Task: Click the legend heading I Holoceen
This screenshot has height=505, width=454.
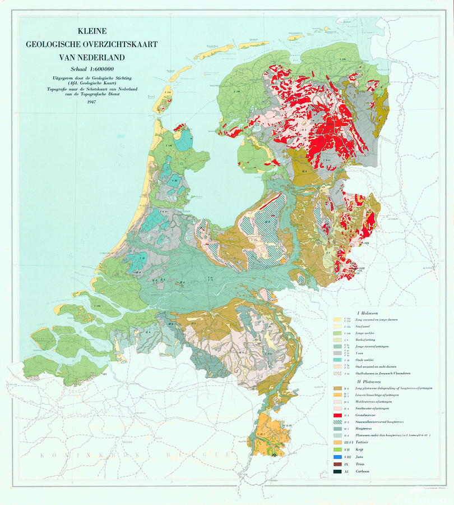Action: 370,312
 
